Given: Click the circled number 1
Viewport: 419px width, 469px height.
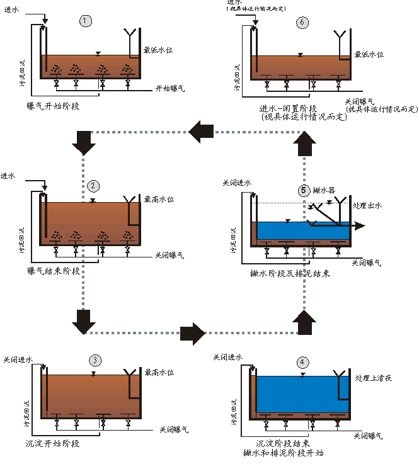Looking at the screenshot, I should click(86, 21).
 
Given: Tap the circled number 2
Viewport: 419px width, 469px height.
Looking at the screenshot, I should click(94, 186).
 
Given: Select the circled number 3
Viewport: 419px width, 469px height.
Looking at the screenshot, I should click(95, 360).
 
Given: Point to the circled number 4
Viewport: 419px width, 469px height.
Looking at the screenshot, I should click(304, 362).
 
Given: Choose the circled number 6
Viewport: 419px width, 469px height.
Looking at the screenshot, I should click(303, 23).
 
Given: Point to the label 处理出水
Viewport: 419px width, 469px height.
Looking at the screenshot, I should click(369, 205).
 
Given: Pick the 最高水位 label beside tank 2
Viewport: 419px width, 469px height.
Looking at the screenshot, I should click(159, 199).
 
